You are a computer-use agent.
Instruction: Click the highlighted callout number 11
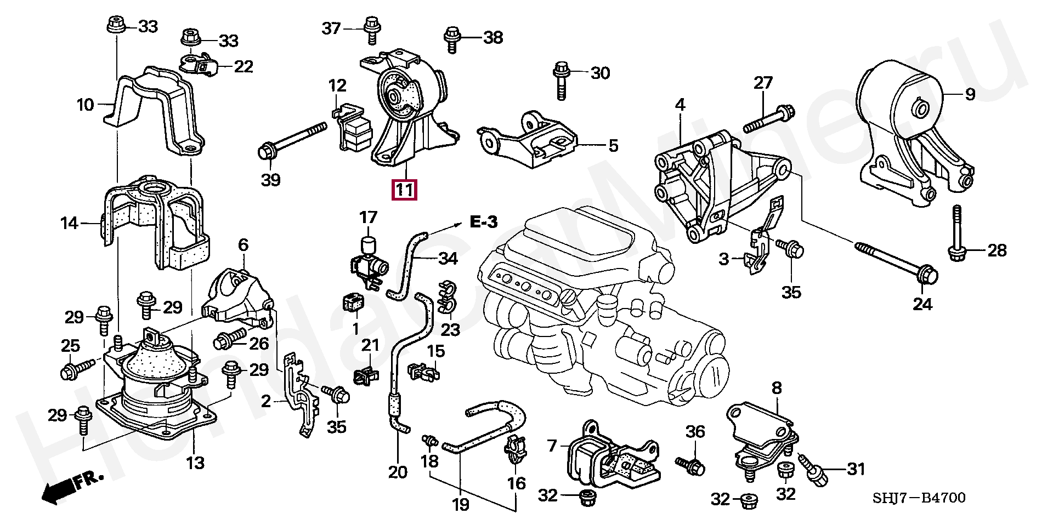(404, 190)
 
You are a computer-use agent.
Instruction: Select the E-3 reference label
(484, 222)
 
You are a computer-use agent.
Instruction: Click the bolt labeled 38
(452, 39)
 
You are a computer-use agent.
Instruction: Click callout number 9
(970, 94)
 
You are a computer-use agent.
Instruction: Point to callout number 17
(369, 217)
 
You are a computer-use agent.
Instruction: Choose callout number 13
(195, 463)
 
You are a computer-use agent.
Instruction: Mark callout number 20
(398, 472)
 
